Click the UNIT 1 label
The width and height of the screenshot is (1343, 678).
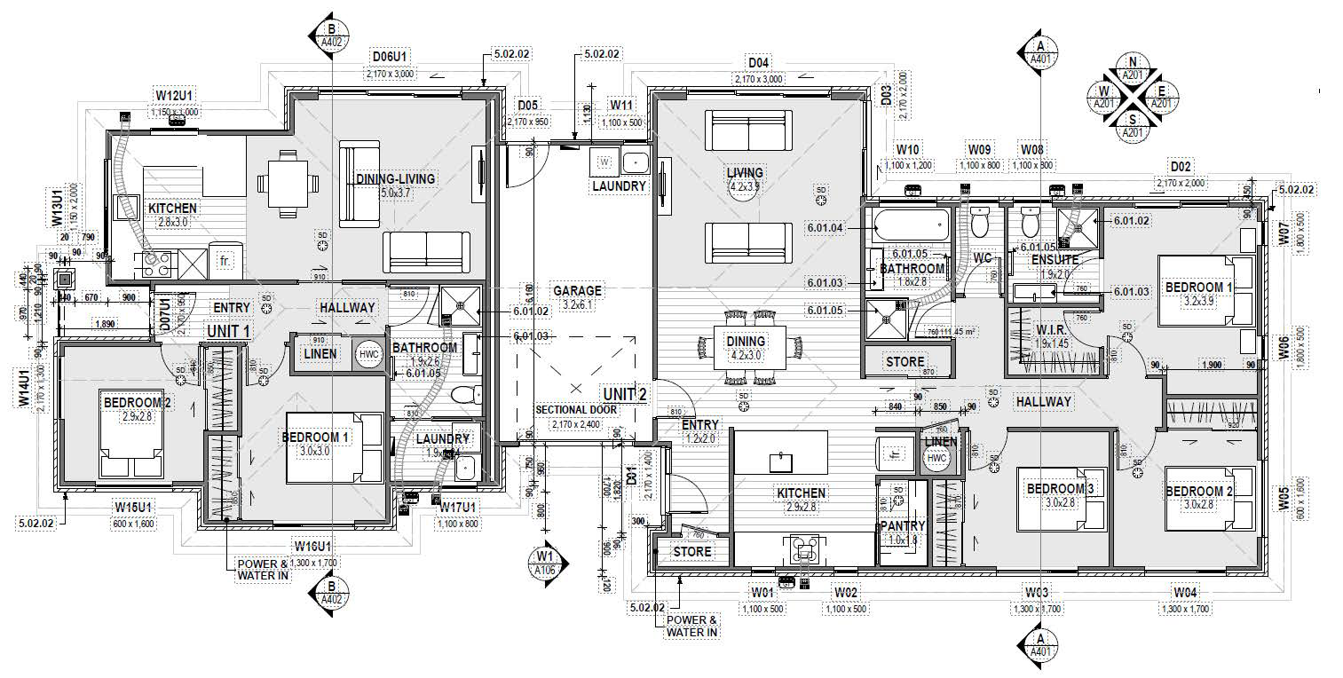click(x=228, y=330)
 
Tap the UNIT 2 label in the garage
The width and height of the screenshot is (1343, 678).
click(x=625, y=393)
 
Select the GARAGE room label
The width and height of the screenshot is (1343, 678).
click(x=577, y=290)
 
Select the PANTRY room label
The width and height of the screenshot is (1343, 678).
click(x=903, y=526)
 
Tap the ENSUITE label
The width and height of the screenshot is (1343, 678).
click(x=1055, y=260)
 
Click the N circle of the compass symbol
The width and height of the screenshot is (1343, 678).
click(x=1132, y=61)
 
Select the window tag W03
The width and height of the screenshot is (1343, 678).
click(x=1037, y=592)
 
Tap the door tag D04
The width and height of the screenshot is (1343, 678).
click(x=758, y=63)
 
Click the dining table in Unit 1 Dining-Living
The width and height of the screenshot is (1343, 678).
click(x=286, y=183)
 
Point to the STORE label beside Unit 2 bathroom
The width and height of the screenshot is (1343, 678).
click(x=905, y=362)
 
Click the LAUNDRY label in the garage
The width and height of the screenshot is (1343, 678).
click(x=619, y=186)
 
